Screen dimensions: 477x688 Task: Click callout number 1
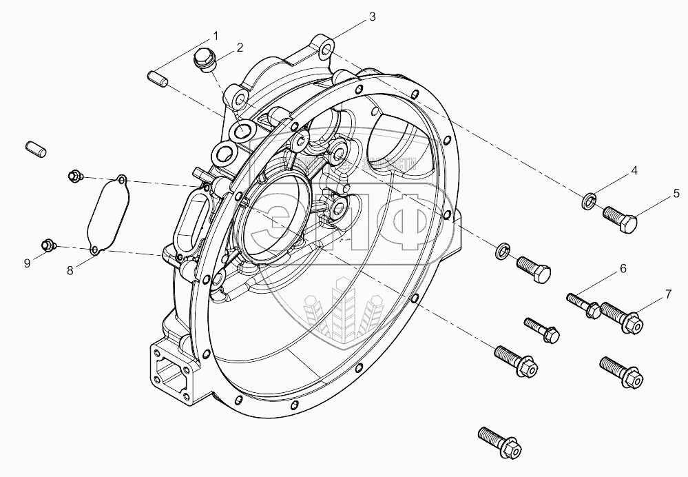click(216, 35)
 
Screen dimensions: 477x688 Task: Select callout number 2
click(240, 48)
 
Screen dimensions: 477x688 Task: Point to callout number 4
click(634, 170)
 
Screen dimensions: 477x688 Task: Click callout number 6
click(623, 268)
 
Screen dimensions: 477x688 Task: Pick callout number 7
click(667, 296)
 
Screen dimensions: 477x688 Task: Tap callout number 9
click(28, 263)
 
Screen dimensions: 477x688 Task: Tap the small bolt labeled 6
click(582, 304)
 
